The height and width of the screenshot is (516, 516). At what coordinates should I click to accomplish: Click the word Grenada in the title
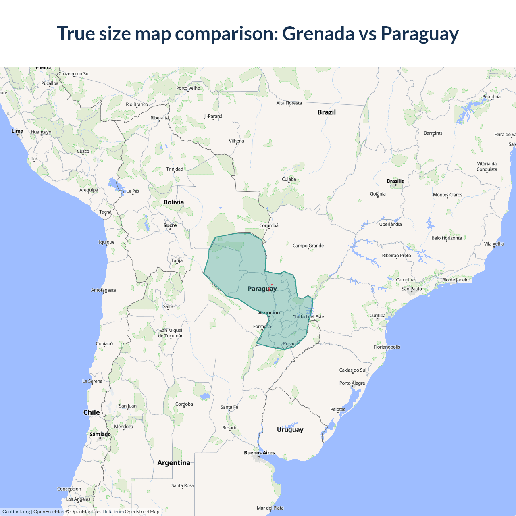click(x=318, y=33)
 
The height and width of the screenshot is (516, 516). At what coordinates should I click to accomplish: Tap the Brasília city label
click(x=395, y=181)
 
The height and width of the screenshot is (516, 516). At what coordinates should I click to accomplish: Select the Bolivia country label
click(x=173, y=202)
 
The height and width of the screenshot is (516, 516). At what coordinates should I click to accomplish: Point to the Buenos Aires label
click(x=259, y=453)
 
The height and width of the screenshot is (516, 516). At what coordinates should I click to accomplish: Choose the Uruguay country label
click(x=290, y=429)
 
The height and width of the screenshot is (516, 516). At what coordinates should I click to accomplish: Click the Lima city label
click(x=17, y=131)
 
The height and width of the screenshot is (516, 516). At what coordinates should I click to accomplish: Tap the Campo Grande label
click(x=308, y=246)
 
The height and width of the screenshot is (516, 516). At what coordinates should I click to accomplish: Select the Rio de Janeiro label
click(x=456, y=280)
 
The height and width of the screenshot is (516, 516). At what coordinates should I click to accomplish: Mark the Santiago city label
click(x=100, y=434)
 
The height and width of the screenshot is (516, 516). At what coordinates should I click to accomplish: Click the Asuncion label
click(x=269, y=313)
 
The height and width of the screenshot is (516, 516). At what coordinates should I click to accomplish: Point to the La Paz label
click(x=133, y=191)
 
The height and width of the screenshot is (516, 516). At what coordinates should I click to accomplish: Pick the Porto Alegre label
click(x=352, y=383)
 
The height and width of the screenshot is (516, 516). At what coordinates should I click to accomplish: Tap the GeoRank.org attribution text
click(x=16, y=512)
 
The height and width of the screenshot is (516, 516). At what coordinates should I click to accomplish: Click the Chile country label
click(x=92, y=412)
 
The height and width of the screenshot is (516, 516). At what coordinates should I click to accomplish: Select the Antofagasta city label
click(x=103, y=290)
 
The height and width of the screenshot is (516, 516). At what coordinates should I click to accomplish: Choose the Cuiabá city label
click(x=289, y=179)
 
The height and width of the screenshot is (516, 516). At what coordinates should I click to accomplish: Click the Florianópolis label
click(x=387, y=347)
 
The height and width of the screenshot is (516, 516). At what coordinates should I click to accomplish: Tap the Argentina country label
click(x=174, y=463)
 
